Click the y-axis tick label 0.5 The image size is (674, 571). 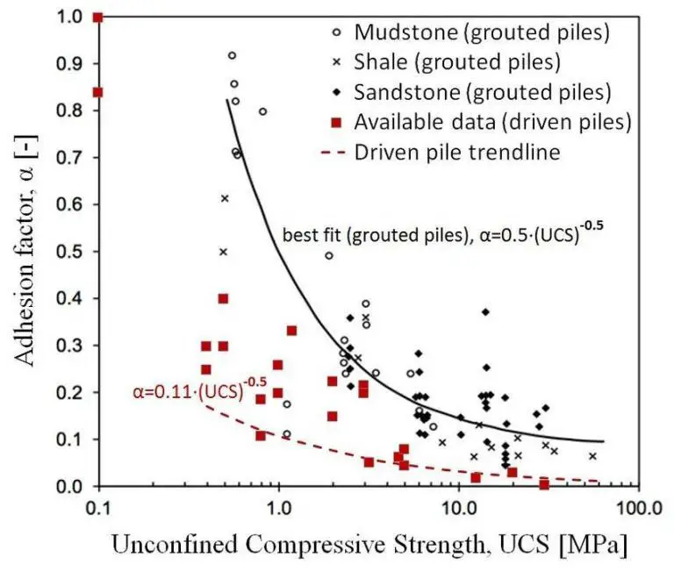point(73,252)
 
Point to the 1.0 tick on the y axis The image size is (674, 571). point(73,17)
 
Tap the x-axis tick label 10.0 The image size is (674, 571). point(458,509)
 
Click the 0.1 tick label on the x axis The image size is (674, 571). point(98,509)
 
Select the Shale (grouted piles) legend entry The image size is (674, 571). point(457,61)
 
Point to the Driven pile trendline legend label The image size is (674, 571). point(456,151)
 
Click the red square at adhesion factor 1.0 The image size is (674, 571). point(98,18)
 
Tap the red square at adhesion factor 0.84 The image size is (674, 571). point(98,92)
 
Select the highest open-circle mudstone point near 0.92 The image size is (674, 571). point(232,55)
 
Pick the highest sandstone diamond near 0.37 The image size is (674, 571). point(485,312)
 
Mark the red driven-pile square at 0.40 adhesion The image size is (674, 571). point(223,298)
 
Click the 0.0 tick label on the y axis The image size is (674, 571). point(73,486)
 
